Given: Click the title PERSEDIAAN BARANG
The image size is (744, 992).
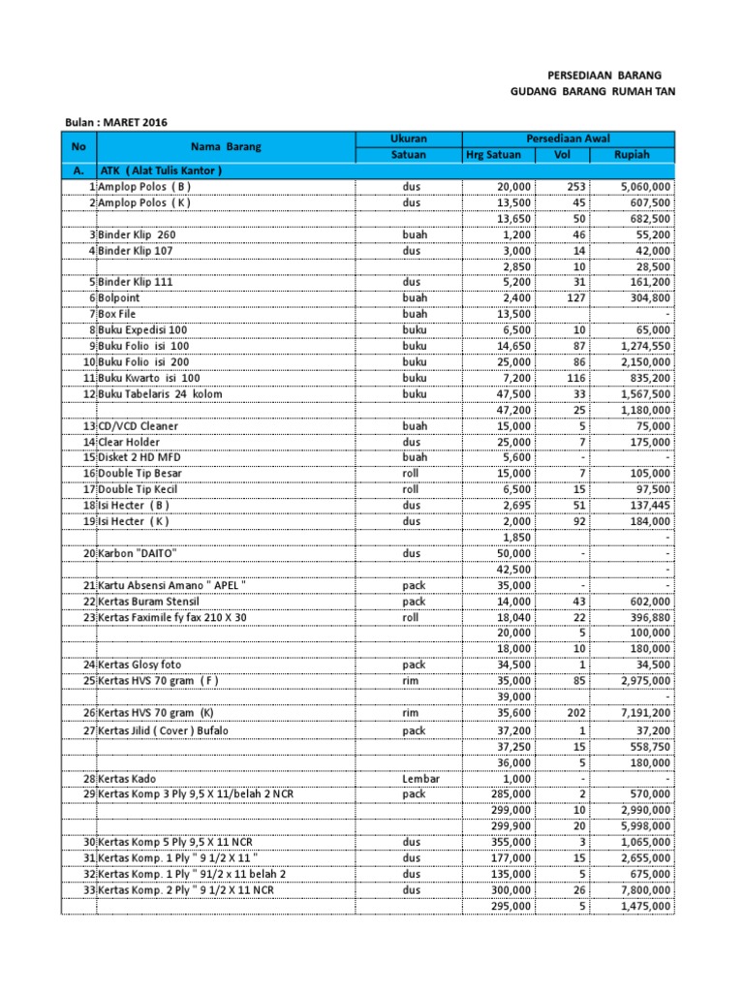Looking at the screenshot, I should (x=604, y=75).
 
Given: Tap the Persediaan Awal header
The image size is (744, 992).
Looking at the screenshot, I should (x=568, y=139).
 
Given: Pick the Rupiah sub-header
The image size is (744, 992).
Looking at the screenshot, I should (x=632, y=155).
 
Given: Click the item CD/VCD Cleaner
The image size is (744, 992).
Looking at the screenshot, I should (x=138, y=426).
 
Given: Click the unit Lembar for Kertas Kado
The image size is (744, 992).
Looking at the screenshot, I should (x=420, y=779).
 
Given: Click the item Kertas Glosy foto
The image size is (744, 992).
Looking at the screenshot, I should (x=139, y=665).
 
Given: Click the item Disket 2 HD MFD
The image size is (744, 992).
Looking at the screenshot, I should (x=138, y=457).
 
